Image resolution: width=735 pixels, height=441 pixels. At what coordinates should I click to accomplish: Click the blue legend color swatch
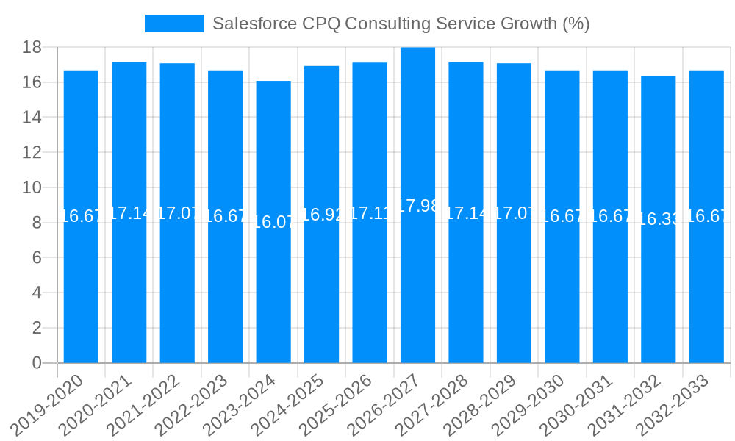pyautogui.click(x=174, y=24)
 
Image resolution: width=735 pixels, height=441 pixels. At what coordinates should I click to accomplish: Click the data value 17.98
pyautogui.click(x=417, y=206)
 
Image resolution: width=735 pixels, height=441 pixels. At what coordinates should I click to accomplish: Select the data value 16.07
pyautogui.click(x=273, y=222)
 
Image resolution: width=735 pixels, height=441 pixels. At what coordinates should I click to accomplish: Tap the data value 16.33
pyautogui.click(x=658, y=220)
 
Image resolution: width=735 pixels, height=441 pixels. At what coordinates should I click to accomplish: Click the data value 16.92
pyautogui.click(x=321, y=215)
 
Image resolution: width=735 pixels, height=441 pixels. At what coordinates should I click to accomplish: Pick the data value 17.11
pyautogui.click(x=370, y=213)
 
